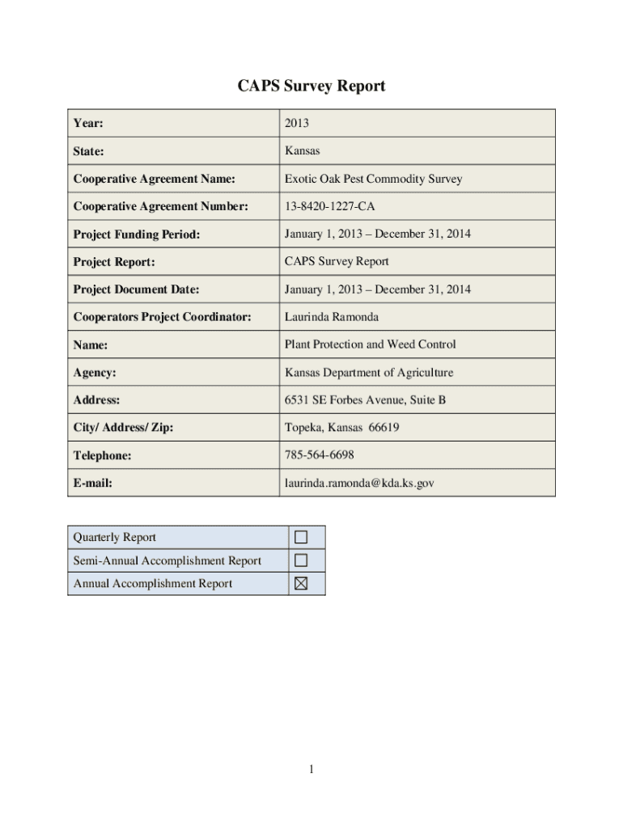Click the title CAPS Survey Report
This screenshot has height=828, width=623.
click(311, 86)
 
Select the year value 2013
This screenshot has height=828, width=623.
click(296, 123)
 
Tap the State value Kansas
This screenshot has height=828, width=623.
click(302, 150)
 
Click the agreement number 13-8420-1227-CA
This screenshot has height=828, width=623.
click(329, 206)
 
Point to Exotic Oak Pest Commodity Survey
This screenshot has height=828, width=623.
click(373, 178)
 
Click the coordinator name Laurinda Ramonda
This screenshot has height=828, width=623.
click(331, 317)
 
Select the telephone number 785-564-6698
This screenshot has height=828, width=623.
click(319, 454)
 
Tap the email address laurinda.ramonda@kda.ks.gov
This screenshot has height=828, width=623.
click(359, 483)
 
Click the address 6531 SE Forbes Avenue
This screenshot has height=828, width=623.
click(365, 399)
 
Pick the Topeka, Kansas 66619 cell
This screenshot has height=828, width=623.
click(341, 427)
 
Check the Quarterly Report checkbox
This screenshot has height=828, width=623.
click(301, 537)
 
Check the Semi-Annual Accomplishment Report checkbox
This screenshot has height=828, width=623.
click(301, 560)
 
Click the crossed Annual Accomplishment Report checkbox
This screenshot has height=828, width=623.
click(301, 584)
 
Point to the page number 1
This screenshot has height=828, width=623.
click(311, 769)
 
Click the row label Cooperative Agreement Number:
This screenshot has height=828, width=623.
click(160, 206)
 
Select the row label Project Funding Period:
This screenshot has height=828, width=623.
click(136, 234)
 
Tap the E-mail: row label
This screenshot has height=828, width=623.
click(92, 483)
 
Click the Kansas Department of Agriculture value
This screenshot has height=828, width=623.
click(368, 372)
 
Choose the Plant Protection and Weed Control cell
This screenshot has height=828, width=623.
click(370, 344)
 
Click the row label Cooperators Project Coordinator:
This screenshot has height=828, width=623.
click(162, 317)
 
